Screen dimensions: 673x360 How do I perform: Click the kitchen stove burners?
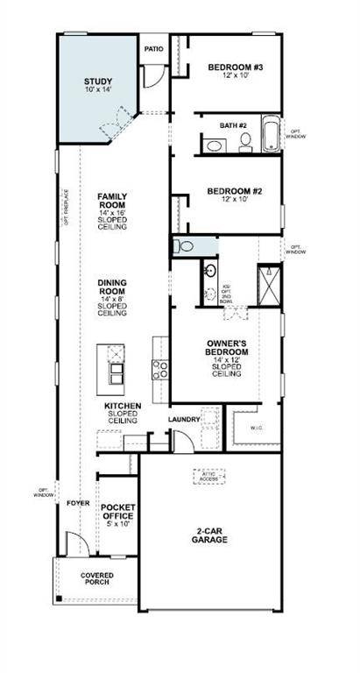161,370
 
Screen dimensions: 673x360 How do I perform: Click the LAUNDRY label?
185,420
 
